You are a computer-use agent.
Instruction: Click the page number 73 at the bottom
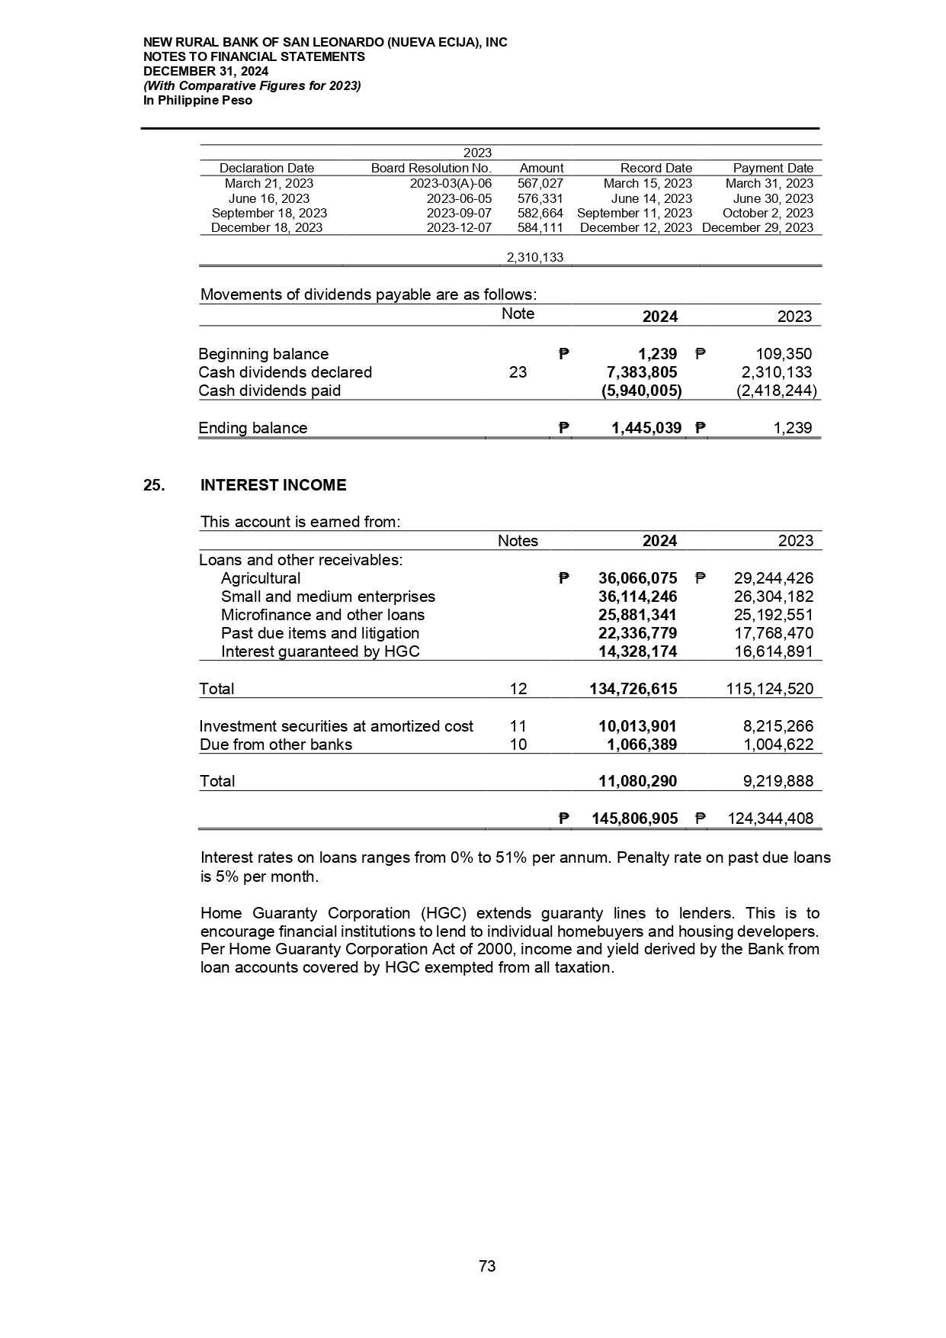point(487,1266)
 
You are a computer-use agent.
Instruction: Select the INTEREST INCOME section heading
point(273,485)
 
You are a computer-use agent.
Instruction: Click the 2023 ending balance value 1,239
point(793,428)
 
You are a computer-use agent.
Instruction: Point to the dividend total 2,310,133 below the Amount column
point(535,258)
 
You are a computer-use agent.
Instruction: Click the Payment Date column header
point(773,168)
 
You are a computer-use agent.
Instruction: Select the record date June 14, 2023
point(652,198)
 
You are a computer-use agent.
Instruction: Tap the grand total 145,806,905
point(635,819)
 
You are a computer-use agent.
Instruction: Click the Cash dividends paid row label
point(269,391)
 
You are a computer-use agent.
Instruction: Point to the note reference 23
point(518,372)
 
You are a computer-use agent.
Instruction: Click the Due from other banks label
point(275,745)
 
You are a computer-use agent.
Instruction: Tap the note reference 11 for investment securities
point(518,726)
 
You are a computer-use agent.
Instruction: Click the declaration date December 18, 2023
point(267,227)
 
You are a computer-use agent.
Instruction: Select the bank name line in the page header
point(325,43)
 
